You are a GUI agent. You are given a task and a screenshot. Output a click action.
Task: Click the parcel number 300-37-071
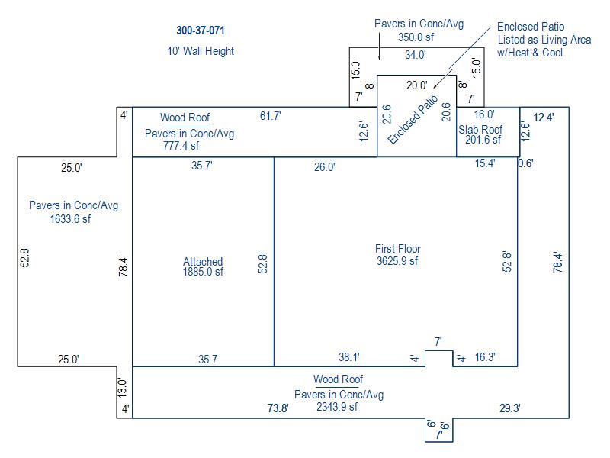coord(201,31)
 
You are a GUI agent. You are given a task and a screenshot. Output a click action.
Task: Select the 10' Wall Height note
coord(201,51)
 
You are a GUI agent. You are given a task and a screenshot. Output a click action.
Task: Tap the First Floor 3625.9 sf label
coord(397,255)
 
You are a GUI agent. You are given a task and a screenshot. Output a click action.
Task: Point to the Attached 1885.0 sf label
coord(203,266)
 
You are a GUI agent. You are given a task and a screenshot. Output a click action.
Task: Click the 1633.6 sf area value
coord(70,219)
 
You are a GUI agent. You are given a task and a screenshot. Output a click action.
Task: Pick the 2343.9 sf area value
coord(337,407)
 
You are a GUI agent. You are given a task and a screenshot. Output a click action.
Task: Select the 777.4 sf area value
coord(181,146)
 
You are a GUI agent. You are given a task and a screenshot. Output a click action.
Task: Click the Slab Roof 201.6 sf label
coord(480,134)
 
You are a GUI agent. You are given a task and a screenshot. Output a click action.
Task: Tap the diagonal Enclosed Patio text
coord(413,120)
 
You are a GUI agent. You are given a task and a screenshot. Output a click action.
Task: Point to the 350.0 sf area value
coord(416,37)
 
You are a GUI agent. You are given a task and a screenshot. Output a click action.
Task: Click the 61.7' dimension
coord(271,116)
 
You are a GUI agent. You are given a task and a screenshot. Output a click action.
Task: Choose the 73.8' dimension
coord(278,408)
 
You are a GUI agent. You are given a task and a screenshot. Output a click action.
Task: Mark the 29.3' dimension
coord(510,408)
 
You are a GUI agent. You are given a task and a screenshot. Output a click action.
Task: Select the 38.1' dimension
coord(349,357)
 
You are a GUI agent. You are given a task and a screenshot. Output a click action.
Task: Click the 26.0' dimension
coord(325,167)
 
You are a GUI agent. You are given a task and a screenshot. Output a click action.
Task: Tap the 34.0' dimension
coord(416,55)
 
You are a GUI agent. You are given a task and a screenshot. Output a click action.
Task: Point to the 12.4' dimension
coord(544,118)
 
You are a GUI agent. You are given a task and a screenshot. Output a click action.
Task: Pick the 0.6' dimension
coord(525,163)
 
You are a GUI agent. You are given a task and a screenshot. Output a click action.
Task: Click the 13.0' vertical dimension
coord(123,388)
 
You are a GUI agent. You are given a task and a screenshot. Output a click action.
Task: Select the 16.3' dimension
coord(485,357)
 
